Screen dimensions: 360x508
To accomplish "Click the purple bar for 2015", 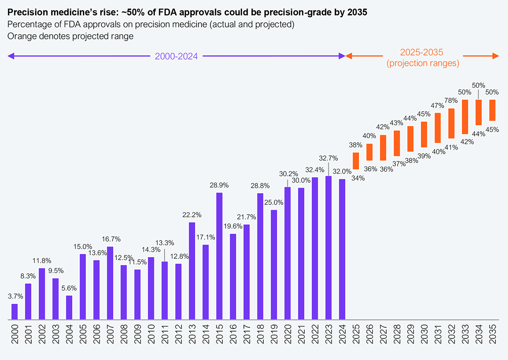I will (219, 256).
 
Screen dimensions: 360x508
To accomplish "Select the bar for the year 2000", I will (15, 311).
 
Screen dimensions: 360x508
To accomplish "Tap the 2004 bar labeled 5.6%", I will (69, 307).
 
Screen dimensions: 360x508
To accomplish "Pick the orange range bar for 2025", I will (356, 161).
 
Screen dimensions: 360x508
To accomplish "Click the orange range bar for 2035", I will (492, 110).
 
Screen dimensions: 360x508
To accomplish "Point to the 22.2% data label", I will (192, 215).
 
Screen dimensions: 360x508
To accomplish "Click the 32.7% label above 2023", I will (329, 158).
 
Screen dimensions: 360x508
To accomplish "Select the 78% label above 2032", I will (452, 100).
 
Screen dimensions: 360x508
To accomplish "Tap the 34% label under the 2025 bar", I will (358, 178).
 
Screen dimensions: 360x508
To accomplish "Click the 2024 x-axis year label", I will (342, 335).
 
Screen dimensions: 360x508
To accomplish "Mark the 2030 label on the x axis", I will (424, 335).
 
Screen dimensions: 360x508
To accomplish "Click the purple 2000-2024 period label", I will (176, 56).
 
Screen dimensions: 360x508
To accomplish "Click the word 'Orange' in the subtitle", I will (19, 36).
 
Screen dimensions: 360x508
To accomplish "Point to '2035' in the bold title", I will (358, 12).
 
